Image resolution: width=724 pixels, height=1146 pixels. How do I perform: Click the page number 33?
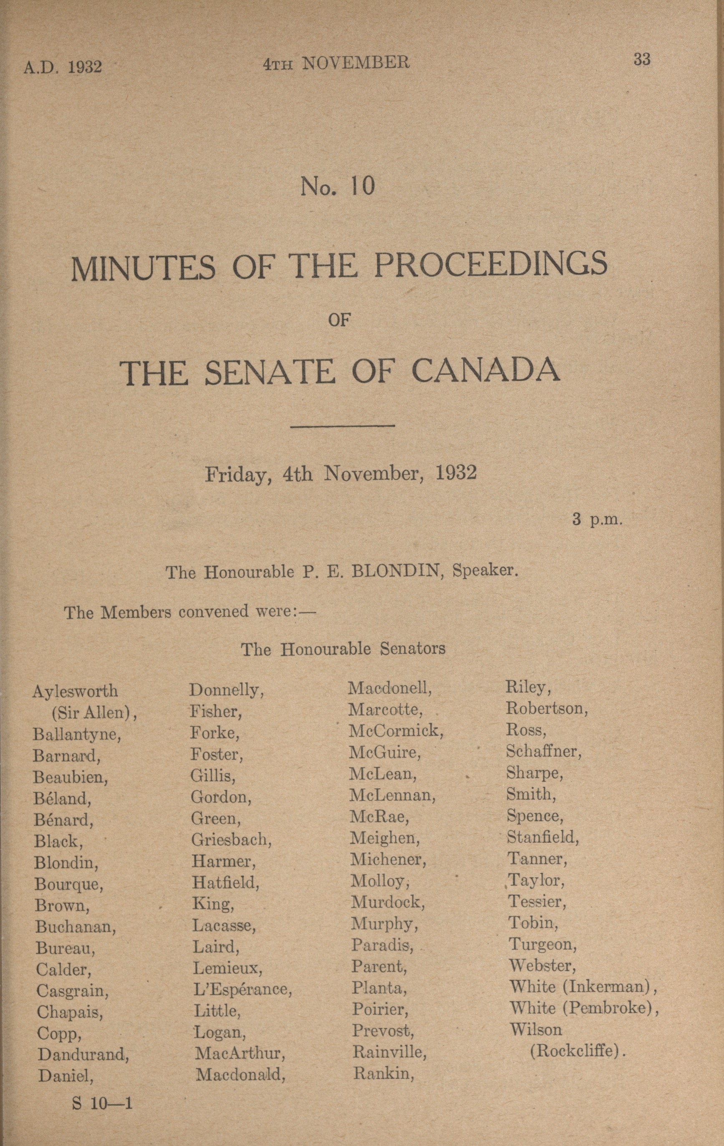point(642,60)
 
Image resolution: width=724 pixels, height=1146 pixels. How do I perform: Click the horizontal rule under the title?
point(342,425)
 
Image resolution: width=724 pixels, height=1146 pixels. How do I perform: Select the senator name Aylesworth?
point(75,690)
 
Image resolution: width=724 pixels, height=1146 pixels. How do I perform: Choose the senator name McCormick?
point(396,730)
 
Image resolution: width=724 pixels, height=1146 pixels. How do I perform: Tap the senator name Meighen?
point(385,838)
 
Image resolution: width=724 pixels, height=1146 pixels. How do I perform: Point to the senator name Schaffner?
point(544,751)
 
